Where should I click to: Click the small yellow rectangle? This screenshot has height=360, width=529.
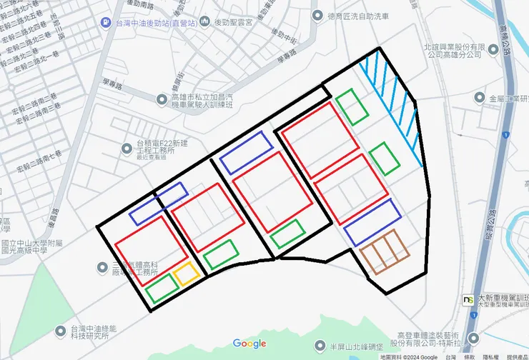coord(187,274)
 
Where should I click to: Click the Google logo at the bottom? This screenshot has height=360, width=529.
coord(249,344)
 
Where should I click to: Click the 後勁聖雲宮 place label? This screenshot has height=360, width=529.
coord(229,23)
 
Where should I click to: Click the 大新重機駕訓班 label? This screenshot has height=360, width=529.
coord(500,298)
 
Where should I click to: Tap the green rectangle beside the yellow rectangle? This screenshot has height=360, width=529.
coord(162,288)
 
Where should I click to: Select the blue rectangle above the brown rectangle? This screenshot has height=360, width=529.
coord(372,223)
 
